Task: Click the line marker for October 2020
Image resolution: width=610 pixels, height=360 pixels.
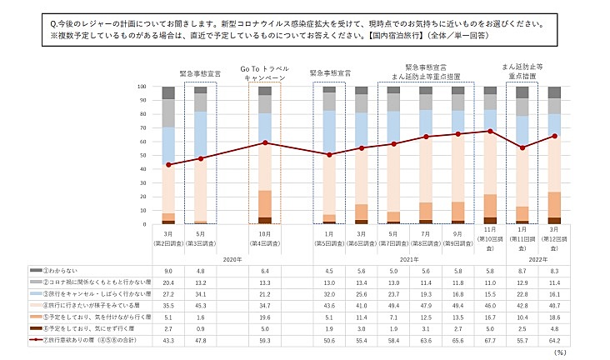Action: (265, 142)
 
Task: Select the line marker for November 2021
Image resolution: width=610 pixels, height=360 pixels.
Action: (490, 131)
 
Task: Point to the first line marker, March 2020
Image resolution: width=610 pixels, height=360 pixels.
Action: (168, 164)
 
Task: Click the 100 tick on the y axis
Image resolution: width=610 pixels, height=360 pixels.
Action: (141, 86)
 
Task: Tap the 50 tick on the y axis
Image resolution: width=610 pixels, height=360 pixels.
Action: (142, 155)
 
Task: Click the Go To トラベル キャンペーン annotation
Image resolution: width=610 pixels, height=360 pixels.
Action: (265, 73)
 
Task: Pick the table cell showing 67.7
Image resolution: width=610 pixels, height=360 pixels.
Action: (490, 342)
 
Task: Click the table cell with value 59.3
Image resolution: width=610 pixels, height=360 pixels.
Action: (265, 342)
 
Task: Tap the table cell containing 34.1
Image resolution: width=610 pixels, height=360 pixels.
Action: (201, 294)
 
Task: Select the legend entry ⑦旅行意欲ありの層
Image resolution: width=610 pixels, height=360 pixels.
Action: (75, 342)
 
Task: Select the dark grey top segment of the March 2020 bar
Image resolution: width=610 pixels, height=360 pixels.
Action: (168, 92)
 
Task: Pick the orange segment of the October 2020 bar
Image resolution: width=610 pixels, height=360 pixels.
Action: (265, 203)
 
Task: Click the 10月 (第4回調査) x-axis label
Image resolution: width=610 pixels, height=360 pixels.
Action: (265, 239)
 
